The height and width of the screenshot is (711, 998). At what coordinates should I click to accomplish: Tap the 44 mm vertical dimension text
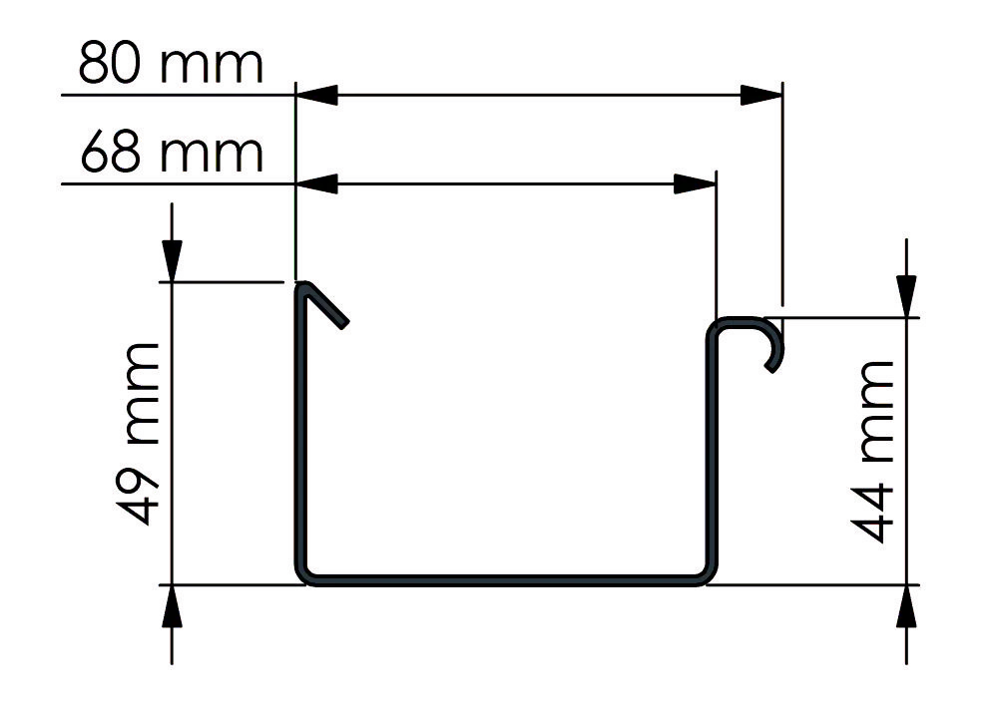pos(875,455)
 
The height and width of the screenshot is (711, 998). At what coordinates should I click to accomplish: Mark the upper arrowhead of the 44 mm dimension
pos(905,297)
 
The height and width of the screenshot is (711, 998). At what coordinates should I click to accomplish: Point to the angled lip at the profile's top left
pos(323,303)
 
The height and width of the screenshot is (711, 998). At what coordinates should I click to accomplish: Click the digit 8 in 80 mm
pos(97,68)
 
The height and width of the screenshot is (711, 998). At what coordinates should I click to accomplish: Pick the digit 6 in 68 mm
pos(97,156)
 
